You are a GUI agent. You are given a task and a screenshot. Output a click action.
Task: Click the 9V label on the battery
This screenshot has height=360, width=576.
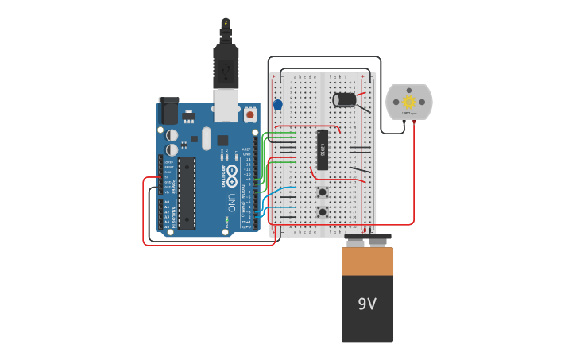366,304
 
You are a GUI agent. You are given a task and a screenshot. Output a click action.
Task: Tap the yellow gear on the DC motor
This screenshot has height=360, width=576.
408,102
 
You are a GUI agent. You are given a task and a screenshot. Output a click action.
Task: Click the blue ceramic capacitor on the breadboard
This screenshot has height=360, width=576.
278,104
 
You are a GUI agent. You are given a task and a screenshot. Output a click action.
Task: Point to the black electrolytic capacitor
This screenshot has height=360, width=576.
345,99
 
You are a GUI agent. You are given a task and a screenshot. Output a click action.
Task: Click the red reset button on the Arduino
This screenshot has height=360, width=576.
250,114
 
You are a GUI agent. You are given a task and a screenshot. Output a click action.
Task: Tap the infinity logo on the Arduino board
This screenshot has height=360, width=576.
231,171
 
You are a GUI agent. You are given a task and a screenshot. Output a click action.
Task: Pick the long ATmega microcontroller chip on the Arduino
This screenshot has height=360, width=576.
187,193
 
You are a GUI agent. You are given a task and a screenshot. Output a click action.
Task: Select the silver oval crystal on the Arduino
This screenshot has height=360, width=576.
207,139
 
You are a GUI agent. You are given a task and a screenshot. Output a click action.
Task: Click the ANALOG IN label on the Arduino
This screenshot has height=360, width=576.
174,215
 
